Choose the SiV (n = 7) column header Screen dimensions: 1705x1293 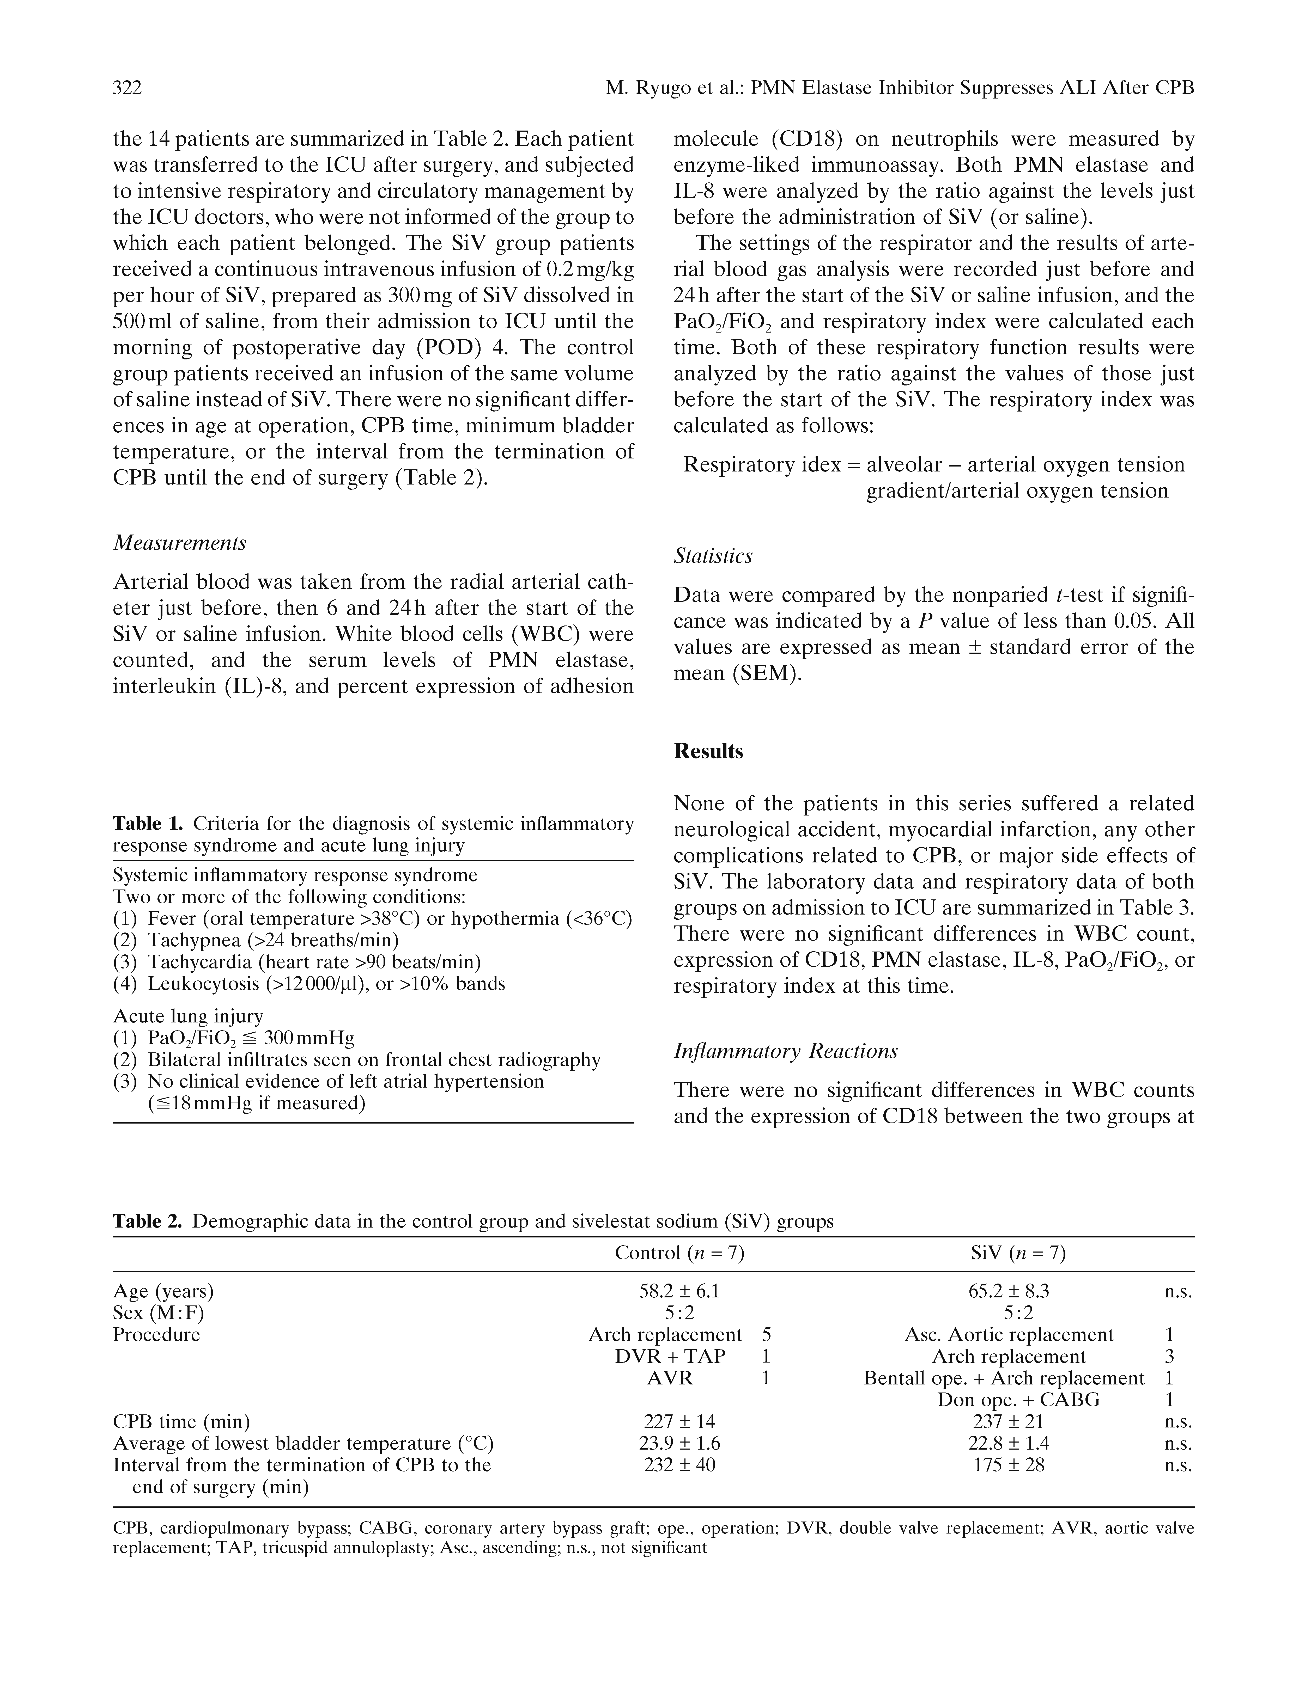(x=1018, y=1253)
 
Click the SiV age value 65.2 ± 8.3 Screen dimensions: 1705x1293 (x=1008, y=1291)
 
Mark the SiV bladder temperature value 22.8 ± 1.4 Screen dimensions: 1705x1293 (x=1008, y=1443)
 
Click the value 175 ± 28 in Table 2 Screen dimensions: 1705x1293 (x=1008, y=1464)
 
